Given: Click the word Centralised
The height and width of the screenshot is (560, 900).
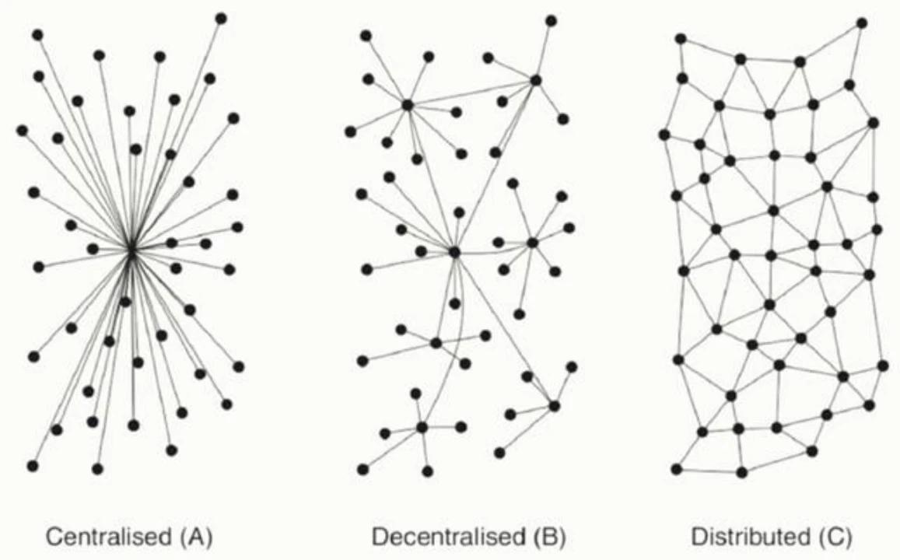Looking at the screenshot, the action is tap(108, 537).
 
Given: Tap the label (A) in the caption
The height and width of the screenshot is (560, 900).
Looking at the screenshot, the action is tap(196, 537).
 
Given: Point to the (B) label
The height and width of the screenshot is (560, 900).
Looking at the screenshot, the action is tap(549, 537).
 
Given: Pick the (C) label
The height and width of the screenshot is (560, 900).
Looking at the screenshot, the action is tap(833, 537).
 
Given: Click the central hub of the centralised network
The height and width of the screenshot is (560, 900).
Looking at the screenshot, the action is tap(131, 250).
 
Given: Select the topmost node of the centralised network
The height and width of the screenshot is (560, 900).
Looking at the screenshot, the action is tap(221, 19).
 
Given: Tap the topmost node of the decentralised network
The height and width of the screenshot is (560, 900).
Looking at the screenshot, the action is tap(551, 21).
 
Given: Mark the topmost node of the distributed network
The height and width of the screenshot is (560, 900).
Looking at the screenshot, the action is tap(862, 23).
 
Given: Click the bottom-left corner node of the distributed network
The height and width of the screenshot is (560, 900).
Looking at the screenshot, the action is tap(677, 469).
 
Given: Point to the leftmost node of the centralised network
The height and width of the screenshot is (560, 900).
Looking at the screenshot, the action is tap(22, 131).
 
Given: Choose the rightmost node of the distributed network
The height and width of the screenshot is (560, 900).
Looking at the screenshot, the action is tap(883, 366).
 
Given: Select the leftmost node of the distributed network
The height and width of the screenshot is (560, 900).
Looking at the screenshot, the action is tap(664, 135).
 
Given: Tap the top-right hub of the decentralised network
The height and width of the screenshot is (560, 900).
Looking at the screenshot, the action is tap(535, 80).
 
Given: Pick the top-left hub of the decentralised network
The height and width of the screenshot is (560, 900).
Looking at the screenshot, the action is tap(408, 105).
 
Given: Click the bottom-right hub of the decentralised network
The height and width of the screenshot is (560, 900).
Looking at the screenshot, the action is tap(554, 406).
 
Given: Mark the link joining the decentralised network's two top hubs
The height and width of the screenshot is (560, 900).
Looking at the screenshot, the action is tap(471, 93).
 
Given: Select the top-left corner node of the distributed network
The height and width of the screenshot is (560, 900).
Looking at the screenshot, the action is tap(680, 38).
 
